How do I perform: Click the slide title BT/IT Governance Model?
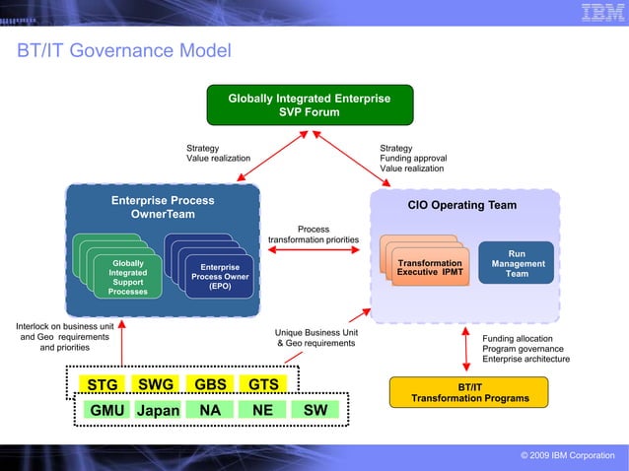click(x=123, y=50)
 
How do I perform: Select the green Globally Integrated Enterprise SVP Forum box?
click(x=309, y=105)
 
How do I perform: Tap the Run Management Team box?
click(x=517, y=264)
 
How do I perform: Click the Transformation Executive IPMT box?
click(x=429, y=268)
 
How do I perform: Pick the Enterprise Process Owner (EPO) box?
click(x=220, y=277)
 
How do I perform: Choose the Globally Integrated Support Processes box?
click(x=128, y=278)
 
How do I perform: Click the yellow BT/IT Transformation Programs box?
click(x=469, y=393)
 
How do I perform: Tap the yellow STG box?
click(x=103, y=384)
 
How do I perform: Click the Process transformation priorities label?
click(x=314, y=235)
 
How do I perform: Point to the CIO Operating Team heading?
click(x=462, y=205)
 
